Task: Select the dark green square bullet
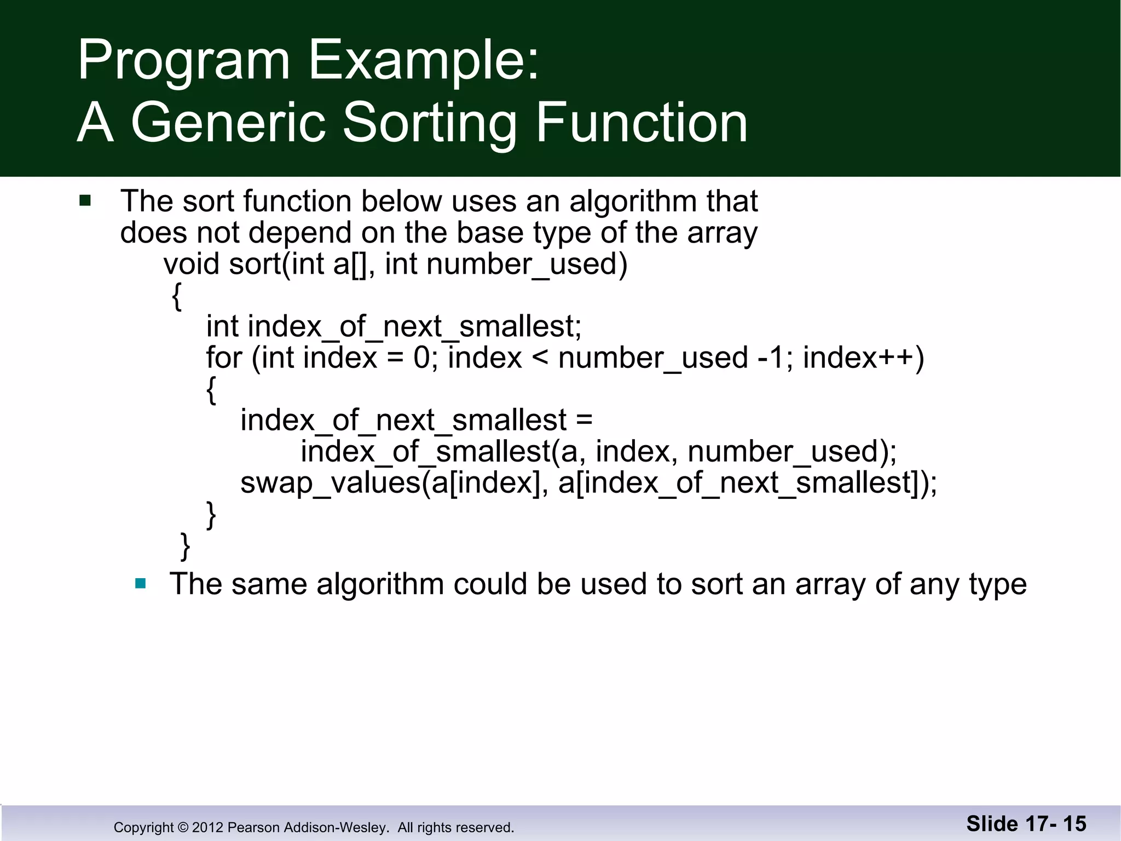(x=85, y=200)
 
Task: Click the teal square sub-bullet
(x=141, y=583)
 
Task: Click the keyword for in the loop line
(x=223, y=358)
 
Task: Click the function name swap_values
(x=330, y=483)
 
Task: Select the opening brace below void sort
(x=176, y=297)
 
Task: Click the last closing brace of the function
(x=186, y=546)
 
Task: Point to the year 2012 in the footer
(x=207, y=827)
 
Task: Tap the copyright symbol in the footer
(x=183, y=827)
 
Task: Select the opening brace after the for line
(x=211, y=390)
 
